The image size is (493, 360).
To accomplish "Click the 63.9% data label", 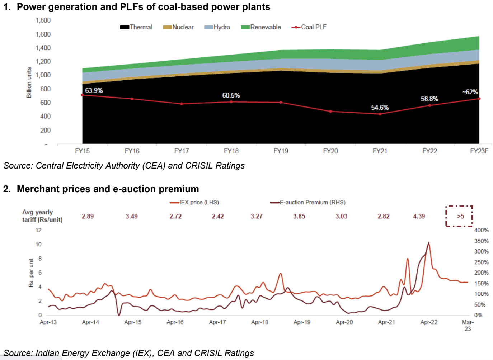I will point(94,90).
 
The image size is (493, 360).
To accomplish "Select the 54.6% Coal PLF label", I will point(380,108).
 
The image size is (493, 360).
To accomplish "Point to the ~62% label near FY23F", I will point(470,92).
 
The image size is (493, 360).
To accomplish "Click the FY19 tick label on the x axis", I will point(281,151).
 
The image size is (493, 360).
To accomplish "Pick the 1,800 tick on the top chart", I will point(43,20).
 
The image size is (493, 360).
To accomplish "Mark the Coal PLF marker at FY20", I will point(330,112).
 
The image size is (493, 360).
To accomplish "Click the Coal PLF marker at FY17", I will point(182,104).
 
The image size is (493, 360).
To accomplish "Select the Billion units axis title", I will point(29,82).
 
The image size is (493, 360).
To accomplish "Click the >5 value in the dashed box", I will point(460,216).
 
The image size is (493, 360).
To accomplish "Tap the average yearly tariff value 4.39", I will point(419,216).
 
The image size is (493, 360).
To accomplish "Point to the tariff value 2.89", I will point(88,216).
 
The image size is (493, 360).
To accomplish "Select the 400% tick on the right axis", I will point(481,230).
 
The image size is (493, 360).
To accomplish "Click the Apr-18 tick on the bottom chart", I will point(259,322).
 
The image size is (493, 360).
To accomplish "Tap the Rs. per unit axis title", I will point(31,273).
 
